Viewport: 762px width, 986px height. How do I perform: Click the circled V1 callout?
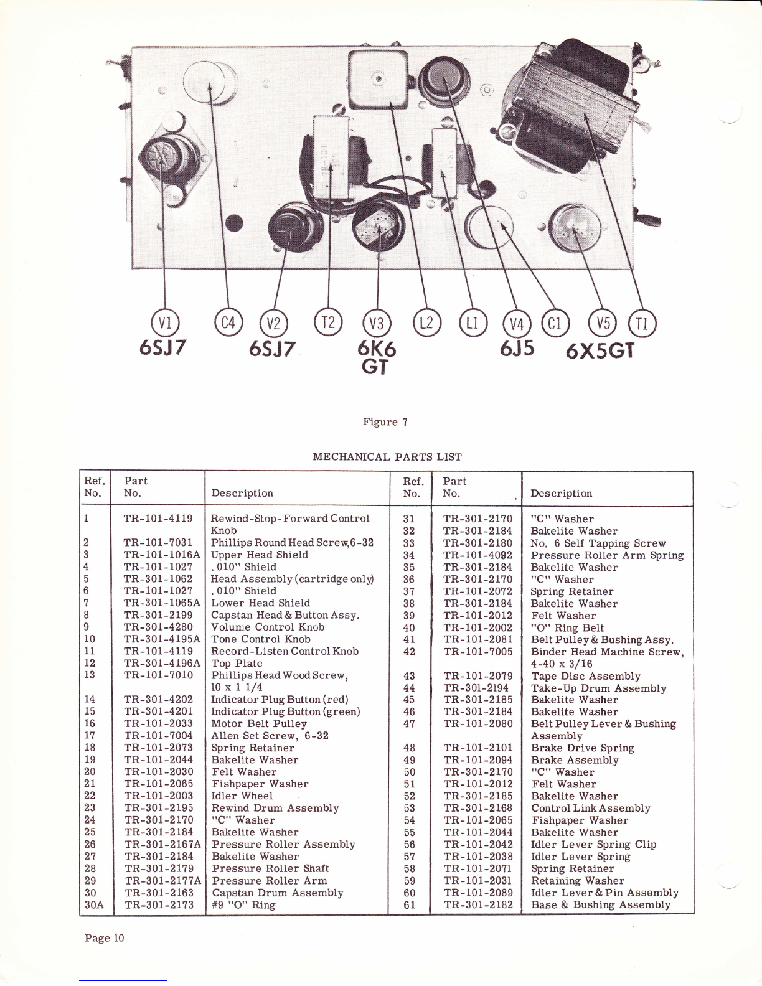pyautogui.click(x=165, y=323)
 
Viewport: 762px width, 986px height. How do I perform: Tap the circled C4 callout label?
pyautogui.click(x=228, y=323)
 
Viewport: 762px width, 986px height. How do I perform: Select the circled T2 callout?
pyautogui.click(x=329, y=322)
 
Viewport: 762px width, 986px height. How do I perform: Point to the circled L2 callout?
pyautogui.click(x=426, y=323)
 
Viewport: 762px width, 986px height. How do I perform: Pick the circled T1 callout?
pyautogui.click(x=642, y=324)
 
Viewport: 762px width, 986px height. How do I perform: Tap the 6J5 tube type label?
pyautogui.click(x=517, y=349)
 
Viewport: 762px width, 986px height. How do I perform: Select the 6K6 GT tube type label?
pyautogui.click(x=377, y=357)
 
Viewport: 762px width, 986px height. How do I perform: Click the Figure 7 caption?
pyautogui.click(x=385, y=422)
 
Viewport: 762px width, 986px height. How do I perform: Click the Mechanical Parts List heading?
pyautogui.click(x=387, y=457)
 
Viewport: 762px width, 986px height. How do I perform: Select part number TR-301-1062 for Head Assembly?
pyautogui.click(x=158, y=578)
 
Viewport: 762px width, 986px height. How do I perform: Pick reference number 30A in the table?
pyautogui.click(x=94, y=905)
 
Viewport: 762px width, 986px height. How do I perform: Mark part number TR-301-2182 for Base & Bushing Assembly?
pyautogui.click(x=478, y=905)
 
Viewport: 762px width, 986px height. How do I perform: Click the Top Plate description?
pyautogui.click(x=237, y=664)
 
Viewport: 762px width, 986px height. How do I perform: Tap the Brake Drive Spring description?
pyautogui.click(x=582, y=748)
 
